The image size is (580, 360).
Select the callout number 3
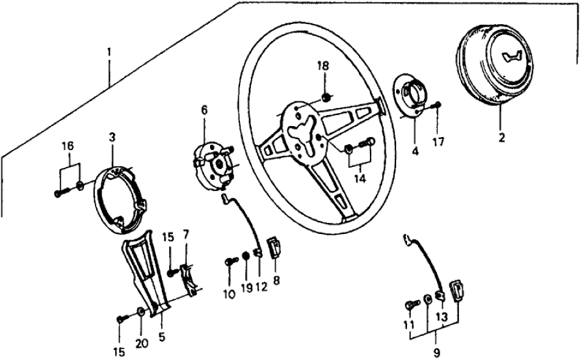[112, 137]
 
